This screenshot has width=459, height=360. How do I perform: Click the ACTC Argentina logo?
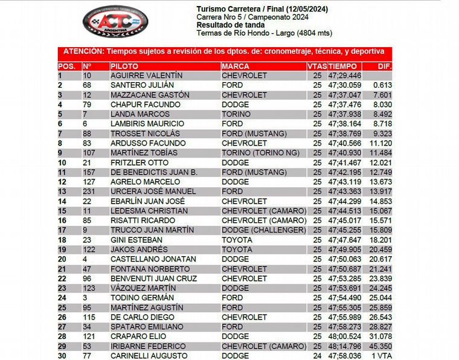click(115, 21)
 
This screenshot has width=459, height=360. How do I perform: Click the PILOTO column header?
click(124, 66)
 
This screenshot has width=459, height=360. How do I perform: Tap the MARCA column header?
click(236, 66)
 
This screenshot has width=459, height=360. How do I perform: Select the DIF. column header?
click(385, 66)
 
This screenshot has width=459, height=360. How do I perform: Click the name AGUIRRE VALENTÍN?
click(146, 76)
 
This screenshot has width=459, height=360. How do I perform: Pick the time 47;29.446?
click(344, 76)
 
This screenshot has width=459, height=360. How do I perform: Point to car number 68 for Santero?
click(87, 85)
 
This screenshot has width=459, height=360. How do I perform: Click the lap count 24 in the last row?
click(317, 356)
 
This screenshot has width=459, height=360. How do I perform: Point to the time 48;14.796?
click(344, 346)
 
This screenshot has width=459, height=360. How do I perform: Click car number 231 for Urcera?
click(89, 191)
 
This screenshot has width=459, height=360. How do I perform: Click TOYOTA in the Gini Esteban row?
click(237, 240)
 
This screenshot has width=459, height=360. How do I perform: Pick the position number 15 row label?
click(62, 211)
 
